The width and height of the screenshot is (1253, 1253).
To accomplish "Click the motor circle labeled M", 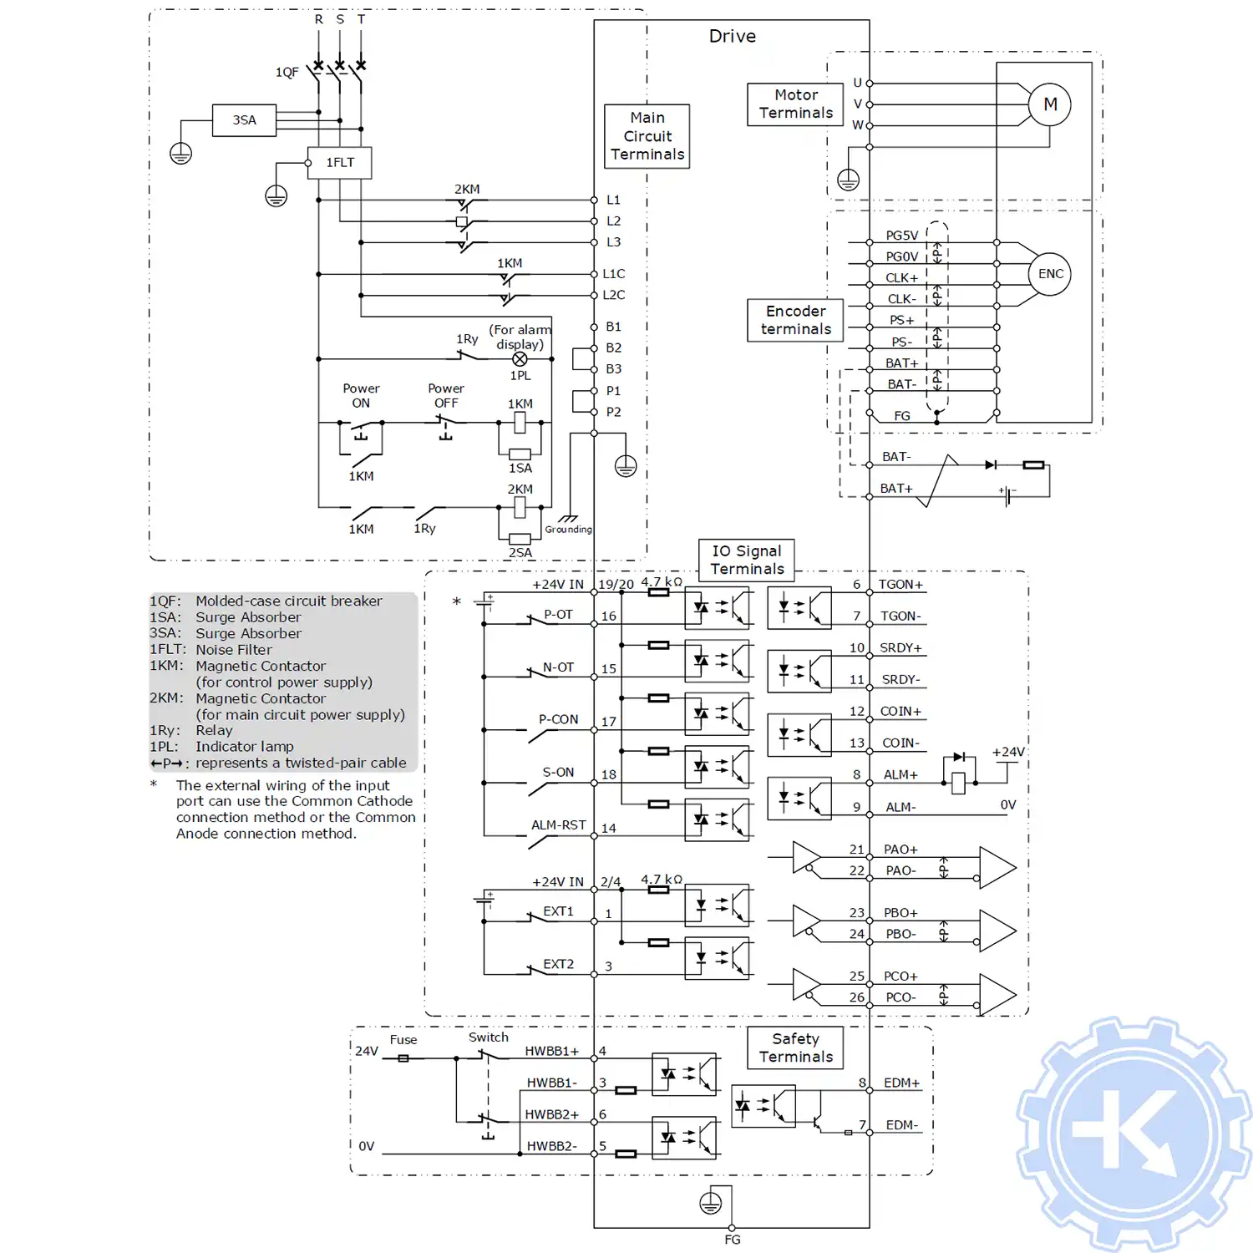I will tap(1050, 104).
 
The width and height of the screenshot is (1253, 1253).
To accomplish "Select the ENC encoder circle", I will tap(1050, 274).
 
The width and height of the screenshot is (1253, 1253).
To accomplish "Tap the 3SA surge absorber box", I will tap(244, 120).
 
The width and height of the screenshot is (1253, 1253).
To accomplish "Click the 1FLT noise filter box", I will tap(339, 163).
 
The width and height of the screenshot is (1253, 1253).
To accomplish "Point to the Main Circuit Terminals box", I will tap(647, 136).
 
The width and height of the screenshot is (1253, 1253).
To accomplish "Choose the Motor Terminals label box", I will tap(795, 104).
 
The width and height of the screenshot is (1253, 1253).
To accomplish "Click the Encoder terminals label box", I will tap(795, 320).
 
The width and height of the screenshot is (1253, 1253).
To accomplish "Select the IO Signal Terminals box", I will tap(747, 560).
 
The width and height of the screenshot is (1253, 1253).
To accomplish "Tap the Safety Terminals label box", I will tap(795, 1048).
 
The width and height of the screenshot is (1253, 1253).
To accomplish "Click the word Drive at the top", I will tap(732, 36).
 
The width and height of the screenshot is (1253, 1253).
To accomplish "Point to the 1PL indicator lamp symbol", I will tap(520, 359).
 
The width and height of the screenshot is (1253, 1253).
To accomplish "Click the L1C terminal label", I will tap(613, 274).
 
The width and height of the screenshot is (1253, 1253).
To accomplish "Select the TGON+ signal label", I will tap(900, 585).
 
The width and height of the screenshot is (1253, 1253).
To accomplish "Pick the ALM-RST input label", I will tap(558, 825).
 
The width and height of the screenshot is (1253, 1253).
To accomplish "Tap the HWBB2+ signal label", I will tap(551, 1114).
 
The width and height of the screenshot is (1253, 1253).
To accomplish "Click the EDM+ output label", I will tap(901, 1083).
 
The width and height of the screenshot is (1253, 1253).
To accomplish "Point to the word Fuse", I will tap(403, 1040).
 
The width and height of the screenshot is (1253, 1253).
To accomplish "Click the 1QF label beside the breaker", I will tap(287, 73).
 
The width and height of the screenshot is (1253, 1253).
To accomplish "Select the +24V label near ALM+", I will tap(1008, 752).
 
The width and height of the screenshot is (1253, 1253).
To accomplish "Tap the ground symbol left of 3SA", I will tap(181, 154).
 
